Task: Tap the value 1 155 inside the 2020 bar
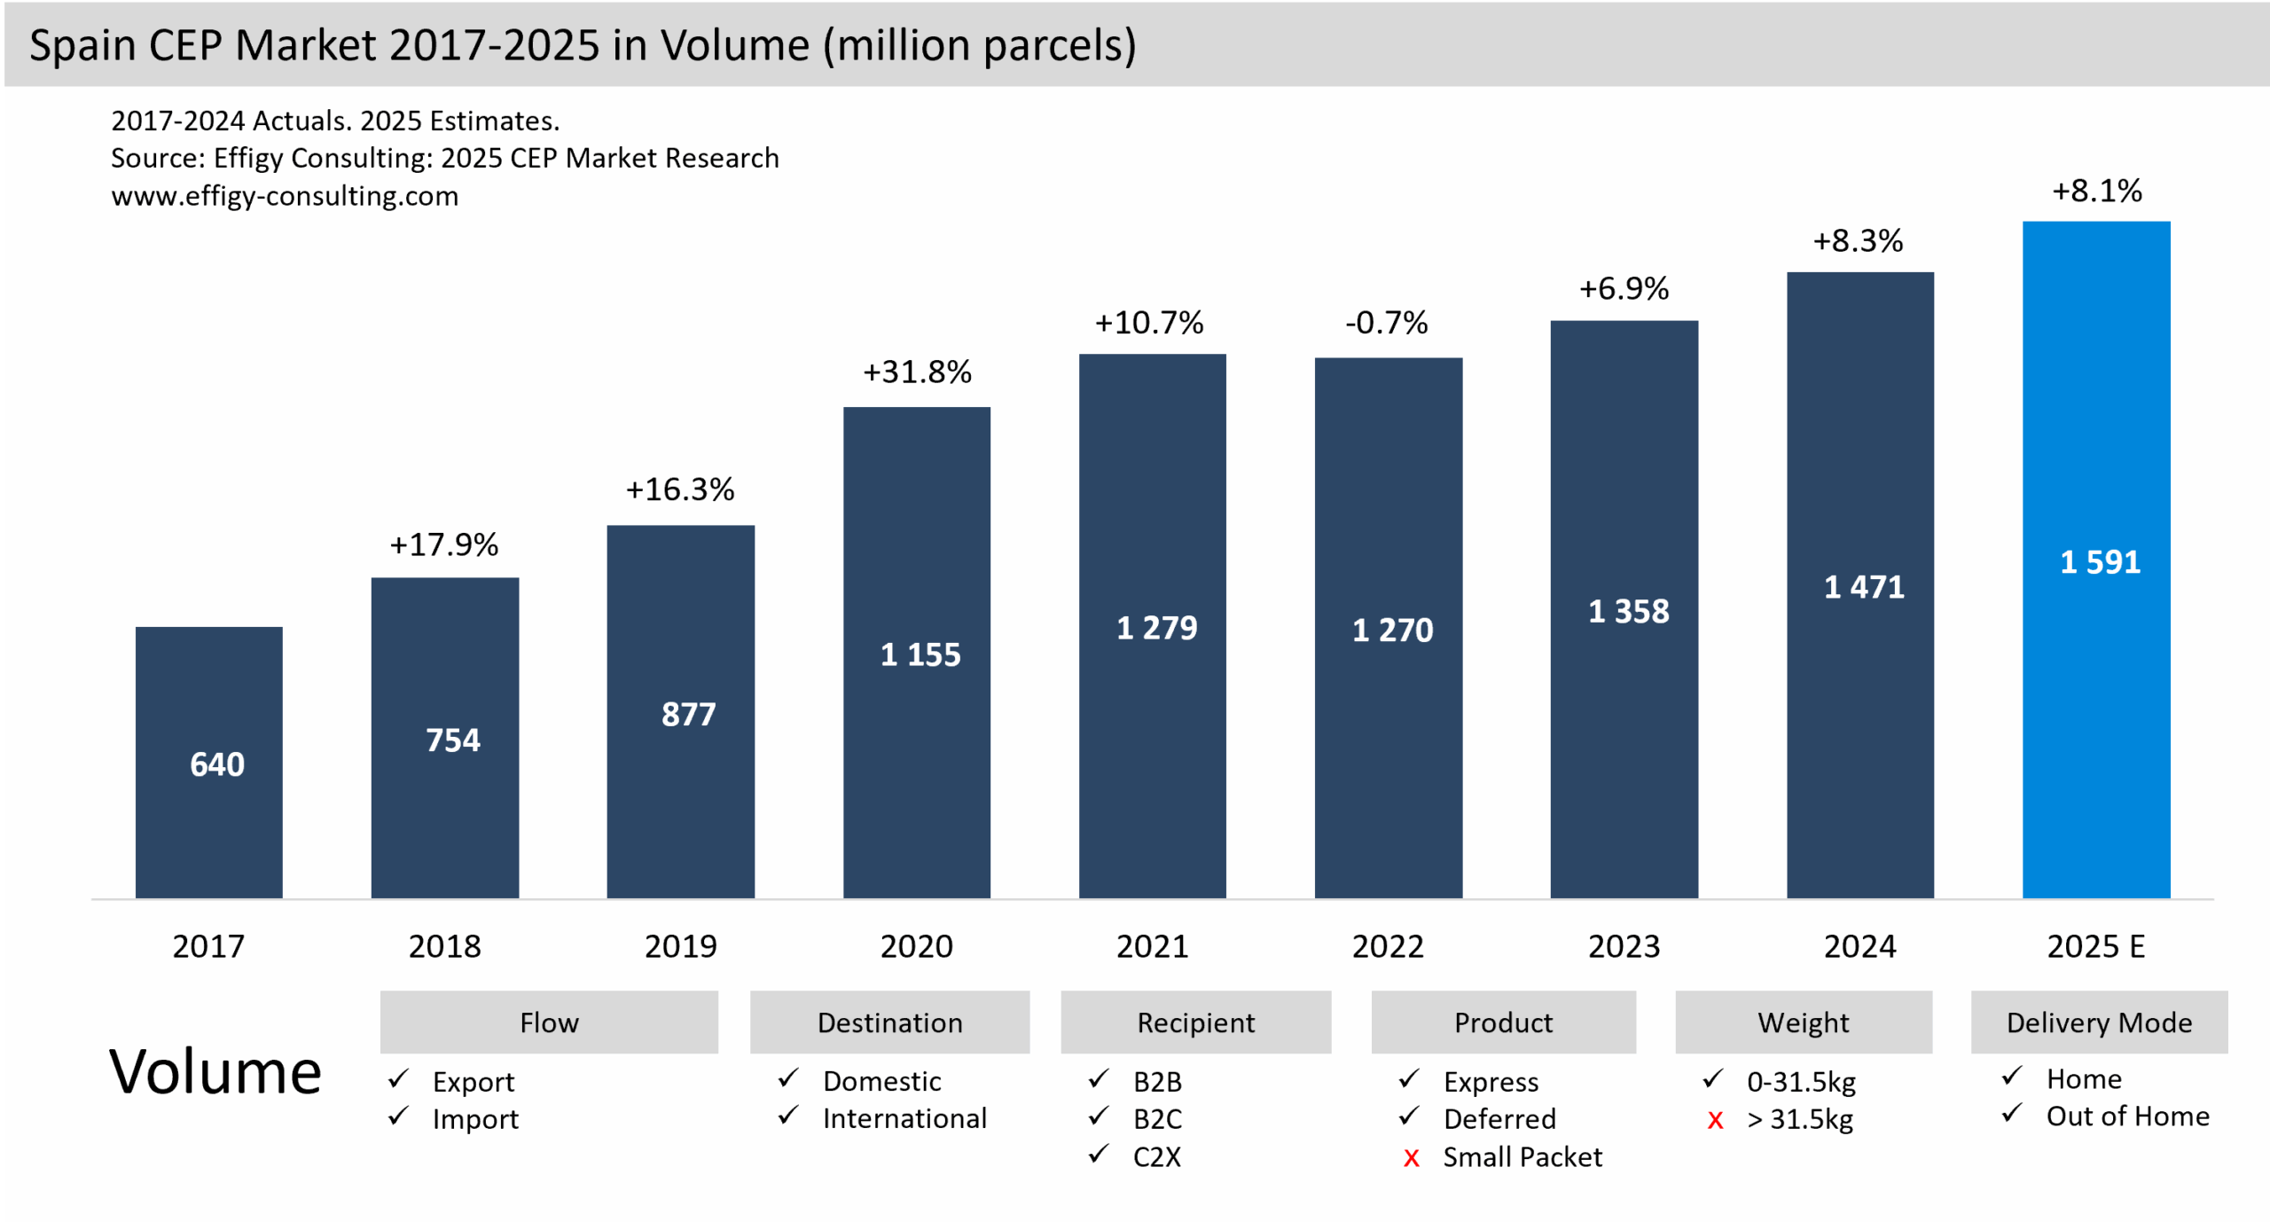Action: pyautogui.click(x=920, y=654)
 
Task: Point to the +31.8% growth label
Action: pyautogui.click(x=917, y=372)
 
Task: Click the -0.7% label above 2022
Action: pyautogui.click(x=1386, y=323)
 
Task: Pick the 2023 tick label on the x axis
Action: pyautogui.click(x=1624, y=946)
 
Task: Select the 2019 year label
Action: pyautogui.click(x=680, y=946)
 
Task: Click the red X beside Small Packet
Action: pyautogui.click(x=1411, y=1158)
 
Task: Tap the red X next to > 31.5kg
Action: pyautogui.click(x=1715, y=1121)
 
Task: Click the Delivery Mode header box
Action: pyautogui.click(x=2098, y=1022)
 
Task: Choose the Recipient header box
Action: pyautogui.click(x=1195, y=1022)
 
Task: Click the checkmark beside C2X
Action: pyautogui.click(x=1099, y=1154)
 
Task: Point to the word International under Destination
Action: pyautogui.click(x=904, y=1119)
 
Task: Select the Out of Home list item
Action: pyautogui.click(x=2126, y=1116)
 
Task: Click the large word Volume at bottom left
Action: pyautogui.click(x=215, y=1072)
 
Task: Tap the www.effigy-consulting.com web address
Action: pyautogui.click(x=285, y=196)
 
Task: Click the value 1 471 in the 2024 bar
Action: pyautogui.click(x=1863, y=587)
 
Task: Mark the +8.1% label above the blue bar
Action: pyautogui.click(x=2096, y=191)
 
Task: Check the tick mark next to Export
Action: pyautogui.click(x=398, y=1079)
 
